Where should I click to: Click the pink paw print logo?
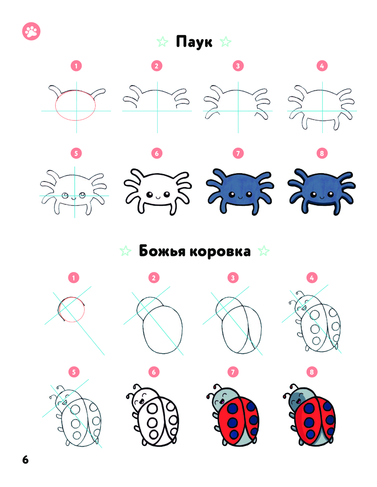[x=31, y=31]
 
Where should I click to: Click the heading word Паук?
[x=194, y=42]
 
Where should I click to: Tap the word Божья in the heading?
[x=162, y=251]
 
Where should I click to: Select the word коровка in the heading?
[x=220, y=251]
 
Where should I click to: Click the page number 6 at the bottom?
[x=25, y=460]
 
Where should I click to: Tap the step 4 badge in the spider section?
[x=322, y=66]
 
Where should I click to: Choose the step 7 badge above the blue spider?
[x=238, y=153]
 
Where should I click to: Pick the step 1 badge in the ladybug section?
[x=74, y=278]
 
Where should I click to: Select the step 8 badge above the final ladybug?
[x=312, y=372]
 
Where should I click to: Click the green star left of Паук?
[x=162, y=42]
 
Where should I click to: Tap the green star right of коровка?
[x=264, y=251]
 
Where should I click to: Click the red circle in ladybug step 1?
[x=72, y=297]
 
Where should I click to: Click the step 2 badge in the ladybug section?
[x=154, y=278]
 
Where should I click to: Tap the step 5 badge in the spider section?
[x=76, y=153]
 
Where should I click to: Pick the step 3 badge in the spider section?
[x=238, y=66]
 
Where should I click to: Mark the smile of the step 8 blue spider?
[x=322, y=198]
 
